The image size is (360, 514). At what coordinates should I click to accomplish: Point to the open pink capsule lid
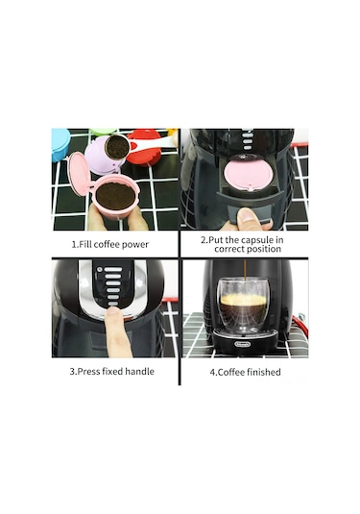(75, 179)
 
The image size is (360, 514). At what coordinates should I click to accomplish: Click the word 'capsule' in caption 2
(258, 238)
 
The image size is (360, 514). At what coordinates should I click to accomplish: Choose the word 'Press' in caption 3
(87, 372)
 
